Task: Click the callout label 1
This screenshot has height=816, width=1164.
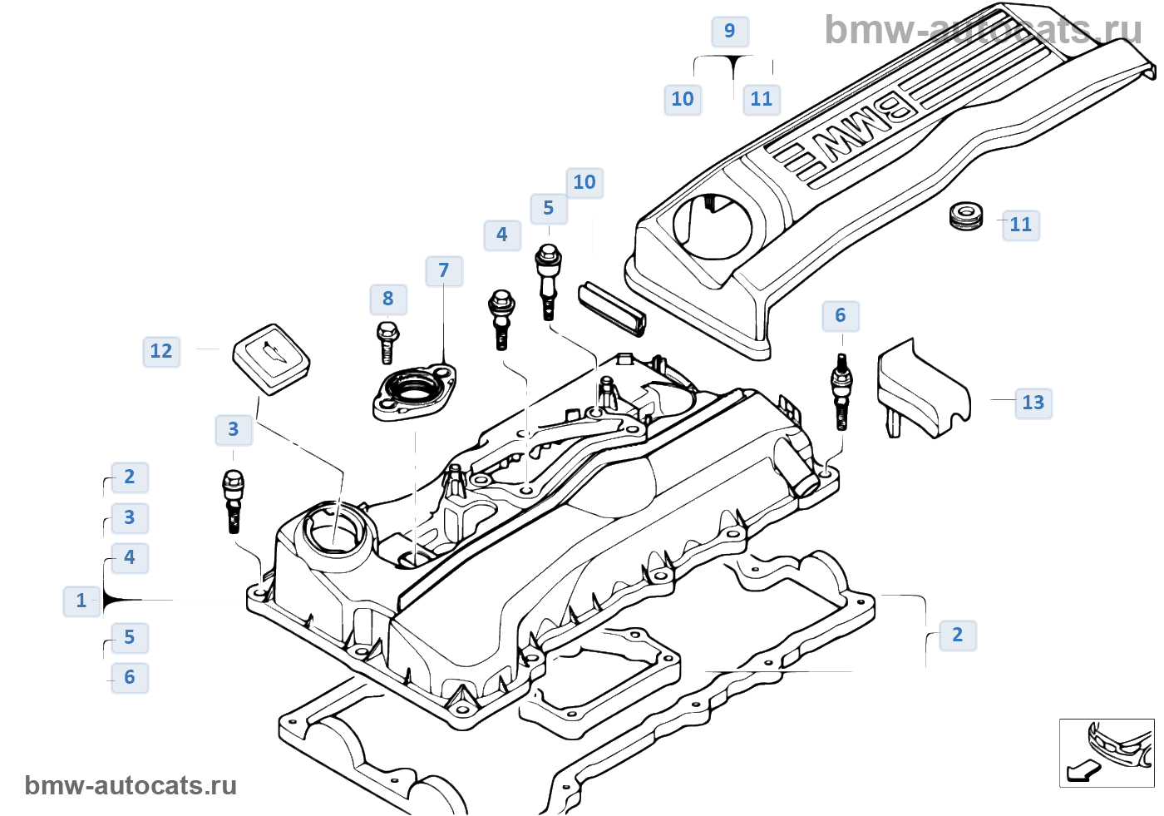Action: point(81,601)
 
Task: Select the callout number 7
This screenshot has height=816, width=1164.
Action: point(443,270)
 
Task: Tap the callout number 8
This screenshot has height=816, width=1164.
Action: point(387,299)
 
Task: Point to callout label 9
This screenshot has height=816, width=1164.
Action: point(729,31)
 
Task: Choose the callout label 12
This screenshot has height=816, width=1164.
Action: point(161,351)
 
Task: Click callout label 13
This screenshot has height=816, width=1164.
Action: point(1033,403)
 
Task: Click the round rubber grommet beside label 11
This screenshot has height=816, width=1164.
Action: point(965,215)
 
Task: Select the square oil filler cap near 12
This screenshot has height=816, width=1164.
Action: point(271,359)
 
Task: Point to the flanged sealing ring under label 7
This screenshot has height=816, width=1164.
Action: point(414,393)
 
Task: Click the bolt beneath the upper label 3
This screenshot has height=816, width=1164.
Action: point(234,500)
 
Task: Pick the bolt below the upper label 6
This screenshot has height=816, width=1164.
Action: point(841,391)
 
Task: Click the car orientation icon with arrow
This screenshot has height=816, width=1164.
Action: point(1106,753)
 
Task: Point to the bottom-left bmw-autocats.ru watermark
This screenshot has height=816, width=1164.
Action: point(131,785)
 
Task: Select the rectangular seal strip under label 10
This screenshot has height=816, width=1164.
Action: point(612,307)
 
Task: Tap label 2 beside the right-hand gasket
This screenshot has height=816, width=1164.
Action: point(957,635)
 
